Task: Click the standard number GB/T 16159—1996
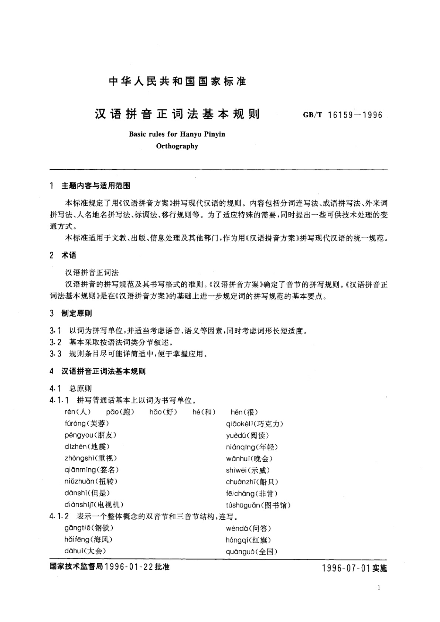coord(342,115)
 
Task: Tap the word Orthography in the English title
coord(177,146)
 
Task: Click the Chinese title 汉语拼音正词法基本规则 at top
coord(177,114)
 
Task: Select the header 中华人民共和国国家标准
coord(177,81)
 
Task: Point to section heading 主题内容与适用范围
coord(96,186)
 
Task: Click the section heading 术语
coord(69,255)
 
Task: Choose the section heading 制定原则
coord(76,313)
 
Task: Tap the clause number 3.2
coord(55,342)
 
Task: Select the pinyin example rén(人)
coord(77,412)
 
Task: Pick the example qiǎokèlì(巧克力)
coord(255,424)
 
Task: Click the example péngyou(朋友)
coord(90,435)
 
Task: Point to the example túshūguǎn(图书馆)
coord(258,505)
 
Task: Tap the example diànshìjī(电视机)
coord(94,505)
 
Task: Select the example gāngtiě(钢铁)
coord(89,528)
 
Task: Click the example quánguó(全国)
coord(251,552)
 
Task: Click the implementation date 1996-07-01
coord(346,568)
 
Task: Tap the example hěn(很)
coord(244,412)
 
